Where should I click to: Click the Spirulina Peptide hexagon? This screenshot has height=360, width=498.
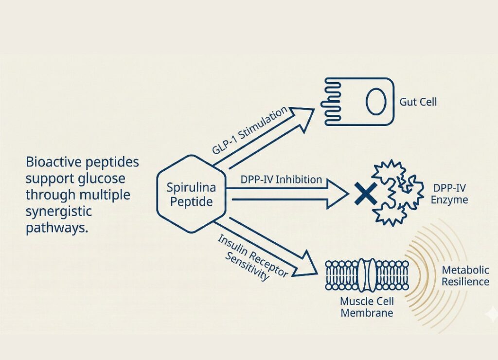pyautogui.click(x=191, y=194)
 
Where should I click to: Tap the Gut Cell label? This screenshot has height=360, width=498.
pyautogui.click(x=418, y=102)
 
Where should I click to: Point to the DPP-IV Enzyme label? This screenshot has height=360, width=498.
pyautogui.click(x=449, y=194)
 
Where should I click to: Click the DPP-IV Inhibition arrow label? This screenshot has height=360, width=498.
pyautogui.click(x=281, y=180)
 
